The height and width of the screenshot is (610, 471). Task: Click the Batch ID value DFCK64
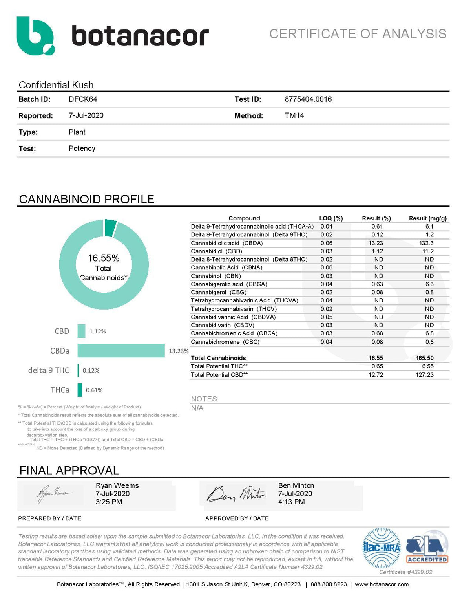click(83, 99)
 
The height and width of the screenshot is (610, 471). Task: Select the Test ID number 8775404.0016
click(308, 99)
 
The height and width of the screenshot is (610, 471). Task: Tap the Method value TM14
click(294, 115)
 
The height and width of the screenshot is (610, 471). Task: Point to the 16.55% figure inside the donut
click(104, 258)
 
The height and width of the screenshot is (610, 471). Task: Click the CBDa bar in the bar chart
click(121, 350)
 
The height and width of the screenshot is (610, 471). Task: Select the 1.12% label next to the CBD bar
click(97, 331)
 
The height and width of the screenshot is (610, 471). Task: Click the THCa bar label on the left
click(60, 390)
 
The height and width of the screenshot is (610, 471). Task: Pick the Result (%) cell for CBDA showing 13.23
click(376, 243)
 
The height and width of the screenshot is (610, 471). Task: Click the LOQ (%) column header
click(331, 218)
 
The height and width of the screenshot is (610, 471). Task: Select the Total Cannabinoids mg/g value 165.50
click(425, 358)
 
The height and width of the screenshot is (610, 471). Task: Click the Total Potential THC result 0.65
click(377, 366)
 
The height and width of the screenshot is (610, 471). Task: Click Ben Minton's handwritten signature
click(236, 494)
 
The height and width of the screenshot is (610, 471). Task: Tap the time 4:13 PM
click(291, 502)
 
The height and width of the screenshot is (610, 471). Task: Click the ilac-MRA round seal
click(382, 548)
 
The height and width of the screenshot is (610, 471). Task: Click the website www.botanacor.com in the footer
click(382, 584)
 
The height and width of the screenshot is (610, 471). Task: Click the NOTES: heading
click(204, 399)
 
